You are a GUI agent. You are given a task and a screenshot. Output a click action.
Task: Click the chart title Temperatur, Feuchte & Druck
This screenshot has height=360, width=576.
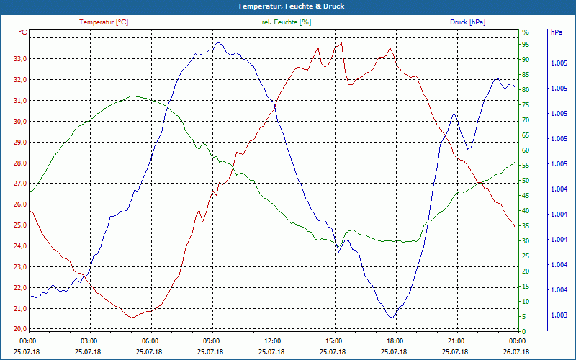(288, 6)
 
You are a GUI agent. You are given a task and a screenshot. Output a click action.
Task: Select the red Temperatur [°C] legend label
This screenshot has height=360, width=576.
(104, 22)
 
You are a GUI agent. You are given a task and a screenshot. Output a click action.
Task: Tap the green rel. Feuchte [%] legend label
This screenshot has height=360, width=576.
(287, 22)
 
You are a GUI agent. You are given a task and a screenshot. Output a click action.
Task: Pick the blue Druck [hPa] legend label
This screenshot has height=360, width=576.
(467, 22)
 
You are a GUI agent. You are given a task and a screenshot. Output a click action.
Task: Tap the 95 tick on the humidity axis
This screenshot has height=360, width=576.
(526, 44)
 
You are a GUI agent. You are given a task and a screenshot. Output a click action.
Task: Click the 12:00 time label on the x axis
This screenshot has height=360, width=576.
(272, 341)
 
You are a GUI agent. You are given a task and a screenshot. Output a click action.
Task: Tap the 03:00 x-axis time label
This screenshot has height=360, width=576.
(89, 341)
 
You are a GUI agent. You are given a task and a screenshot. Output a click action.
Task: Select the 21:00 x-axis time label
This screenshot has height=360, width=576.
(456, 341)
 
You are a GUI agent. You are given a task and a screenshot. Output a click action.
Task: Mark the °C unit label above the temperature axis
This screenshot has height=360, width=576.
(23, 32)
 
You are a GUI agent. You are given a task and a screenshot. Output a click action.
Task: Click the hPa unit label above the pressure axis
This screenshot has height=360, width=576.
(557, 32)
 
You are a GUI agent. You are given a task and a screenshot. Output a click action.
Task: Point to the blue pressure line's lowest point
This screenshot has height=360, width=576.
(392, 318)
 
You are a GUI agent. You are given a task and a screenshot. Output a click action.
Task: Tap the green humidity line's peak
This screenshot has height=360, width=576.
(132, 96)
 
